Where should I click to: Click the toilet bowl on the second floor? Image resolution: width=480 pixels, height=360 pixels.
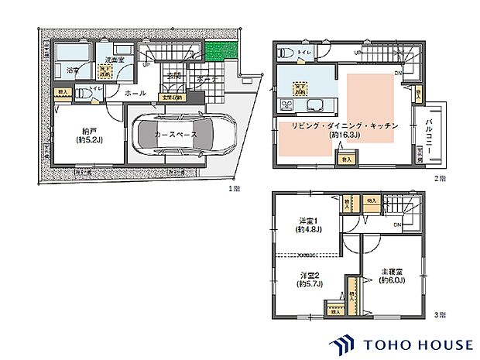click(x=287, y=53)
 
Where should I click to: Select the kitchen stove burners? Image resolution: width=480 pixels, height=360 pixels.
click(x=314, y=106)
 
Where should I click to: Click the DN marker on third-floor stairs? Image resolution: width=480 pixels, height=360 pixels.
click(x=396, y=225)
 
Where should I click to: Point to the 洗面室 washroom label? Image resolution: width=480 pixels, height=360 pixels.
click(x=106, y=59)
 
